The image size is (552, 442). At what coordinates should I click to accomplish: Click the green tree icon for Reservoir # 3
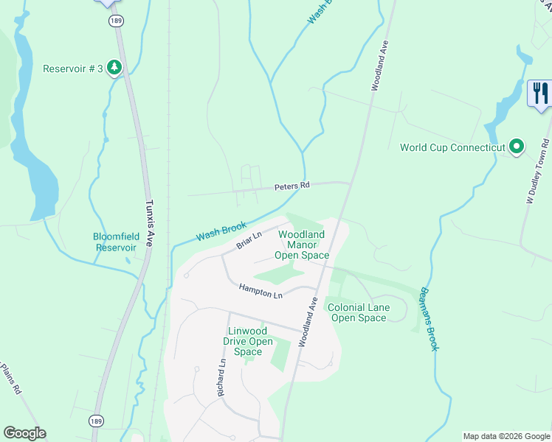(x=114, y=69)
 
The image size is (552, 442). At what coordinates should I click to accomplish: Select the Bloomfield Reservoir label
(x=115, y=242)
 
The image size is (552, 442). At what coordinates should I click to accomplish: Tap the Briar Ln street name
(x=249, y=240)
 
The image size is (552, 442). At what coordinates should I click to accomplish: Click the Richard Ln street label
(x=221, y=378)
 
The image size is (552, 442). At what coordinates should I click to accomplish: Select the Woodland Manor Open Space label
(x=302, y=245)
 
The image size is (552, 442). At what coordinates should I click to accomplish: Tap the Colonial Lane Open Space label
(x=358, y=312)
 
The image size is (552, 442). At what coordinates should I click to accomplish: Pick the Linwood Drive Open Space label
(x=248, y=341)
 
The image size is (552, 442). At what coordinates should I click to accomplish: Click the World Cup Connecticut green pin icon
(x=517, y=147)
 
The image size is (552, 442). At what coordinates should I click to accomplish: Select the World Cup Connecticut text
(x=452, y=147)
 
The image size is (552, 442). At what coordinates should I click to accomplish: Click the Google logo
(x=24, y=433)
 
